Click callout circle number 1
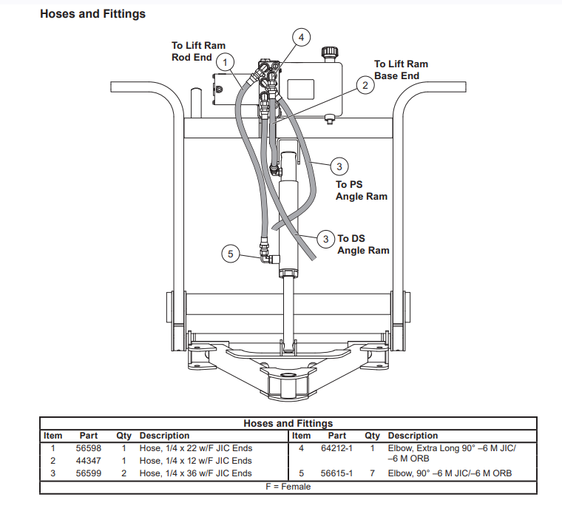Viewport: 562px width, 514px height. point(225,63)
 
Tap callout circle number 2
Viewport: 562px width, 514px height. point(365,85)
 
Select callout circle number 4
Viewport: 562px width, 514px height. point(301,37)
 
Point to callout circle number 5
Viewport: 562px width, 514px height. point(231,254)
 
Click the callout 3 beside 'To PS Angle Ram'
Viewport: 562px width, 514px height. point(339,166)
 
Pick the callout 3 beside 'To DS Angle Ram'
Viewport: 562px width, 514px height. point(326,239)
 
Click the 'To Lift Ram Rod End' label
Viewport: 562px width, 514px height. point(198,51)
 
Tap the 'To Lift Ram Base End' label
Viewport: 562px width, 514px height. point(401,70)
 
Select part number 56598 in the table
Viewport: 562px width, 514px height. point(89,448)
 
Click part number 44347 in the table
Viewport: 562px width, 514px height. point(89,461)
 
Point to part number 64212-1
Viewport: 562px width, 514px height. point(336,448)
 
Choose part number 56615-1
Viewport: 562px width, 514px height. point(336,473)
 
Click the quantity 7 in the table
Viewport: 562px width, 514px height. point(373,473)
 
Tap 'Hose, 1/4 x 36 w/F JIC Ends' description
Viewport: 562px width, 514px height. point(196,473)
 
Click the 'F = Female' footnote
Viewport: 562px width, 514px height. point(288,487)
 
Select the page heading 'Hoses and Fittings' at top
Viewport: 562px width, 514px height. point(93,14)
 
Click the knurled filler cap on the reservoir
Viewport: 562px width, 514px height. point(329,53)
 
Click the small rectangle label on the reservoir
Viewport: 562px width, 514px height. point(301,89)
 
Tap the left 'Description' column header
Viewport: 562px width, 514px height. point(164,436)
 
